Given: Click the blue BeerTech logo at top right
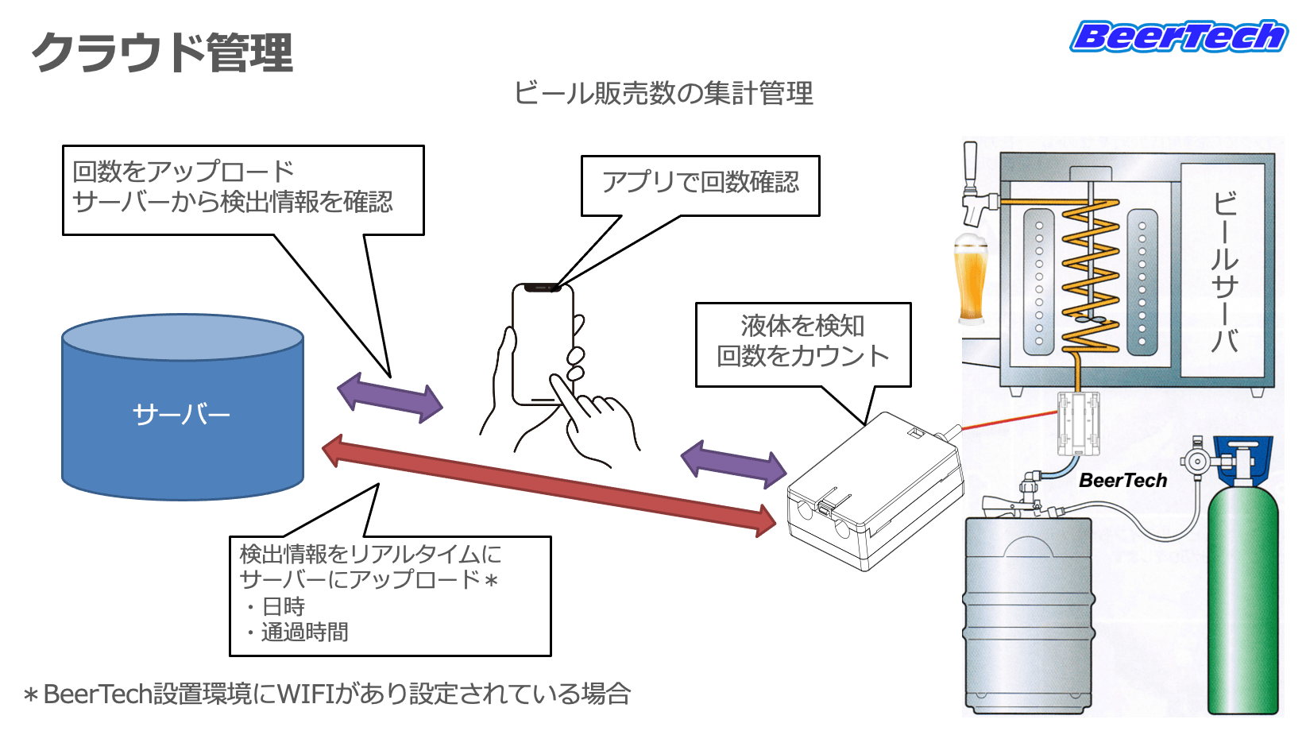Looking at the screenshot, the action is click(x=1178, y=36).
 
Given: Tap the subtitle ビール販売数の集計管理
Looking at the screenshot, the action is click(x=663, y=94).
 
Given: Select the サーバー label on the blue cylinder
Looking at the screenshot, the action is click(x=181, y=415).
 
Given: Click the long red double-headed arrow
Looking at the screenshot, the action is click(x=549, y=485).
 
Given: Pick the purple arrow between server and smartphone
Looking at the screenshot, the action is click(x=390, y=397).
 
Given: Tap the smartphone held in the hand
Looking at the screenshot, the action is click(x=543, y=344).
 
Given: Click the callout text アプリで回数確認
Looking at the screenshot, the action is click(x=700, y=183).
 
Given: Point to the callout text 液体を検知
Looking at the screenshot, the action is click(x=802, y=326).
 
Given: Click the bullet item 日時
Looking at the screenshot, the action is click(x=284, y=607).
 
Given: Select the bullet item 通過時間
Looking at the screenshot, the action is click(x=304, y=632).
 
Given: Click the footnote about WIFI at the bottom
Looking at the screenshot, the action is click(x=327, y=694).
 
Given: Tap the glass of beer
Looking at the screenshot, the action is click(x=970, y=277).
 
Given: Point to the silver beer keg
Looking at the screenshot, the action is click(x=1028, y=615).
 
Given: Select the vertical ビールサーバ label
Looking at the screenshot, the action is click(x=1224, y=272).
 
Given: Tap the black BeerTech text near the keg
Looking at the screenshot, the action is click(x=1123, y=481).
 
